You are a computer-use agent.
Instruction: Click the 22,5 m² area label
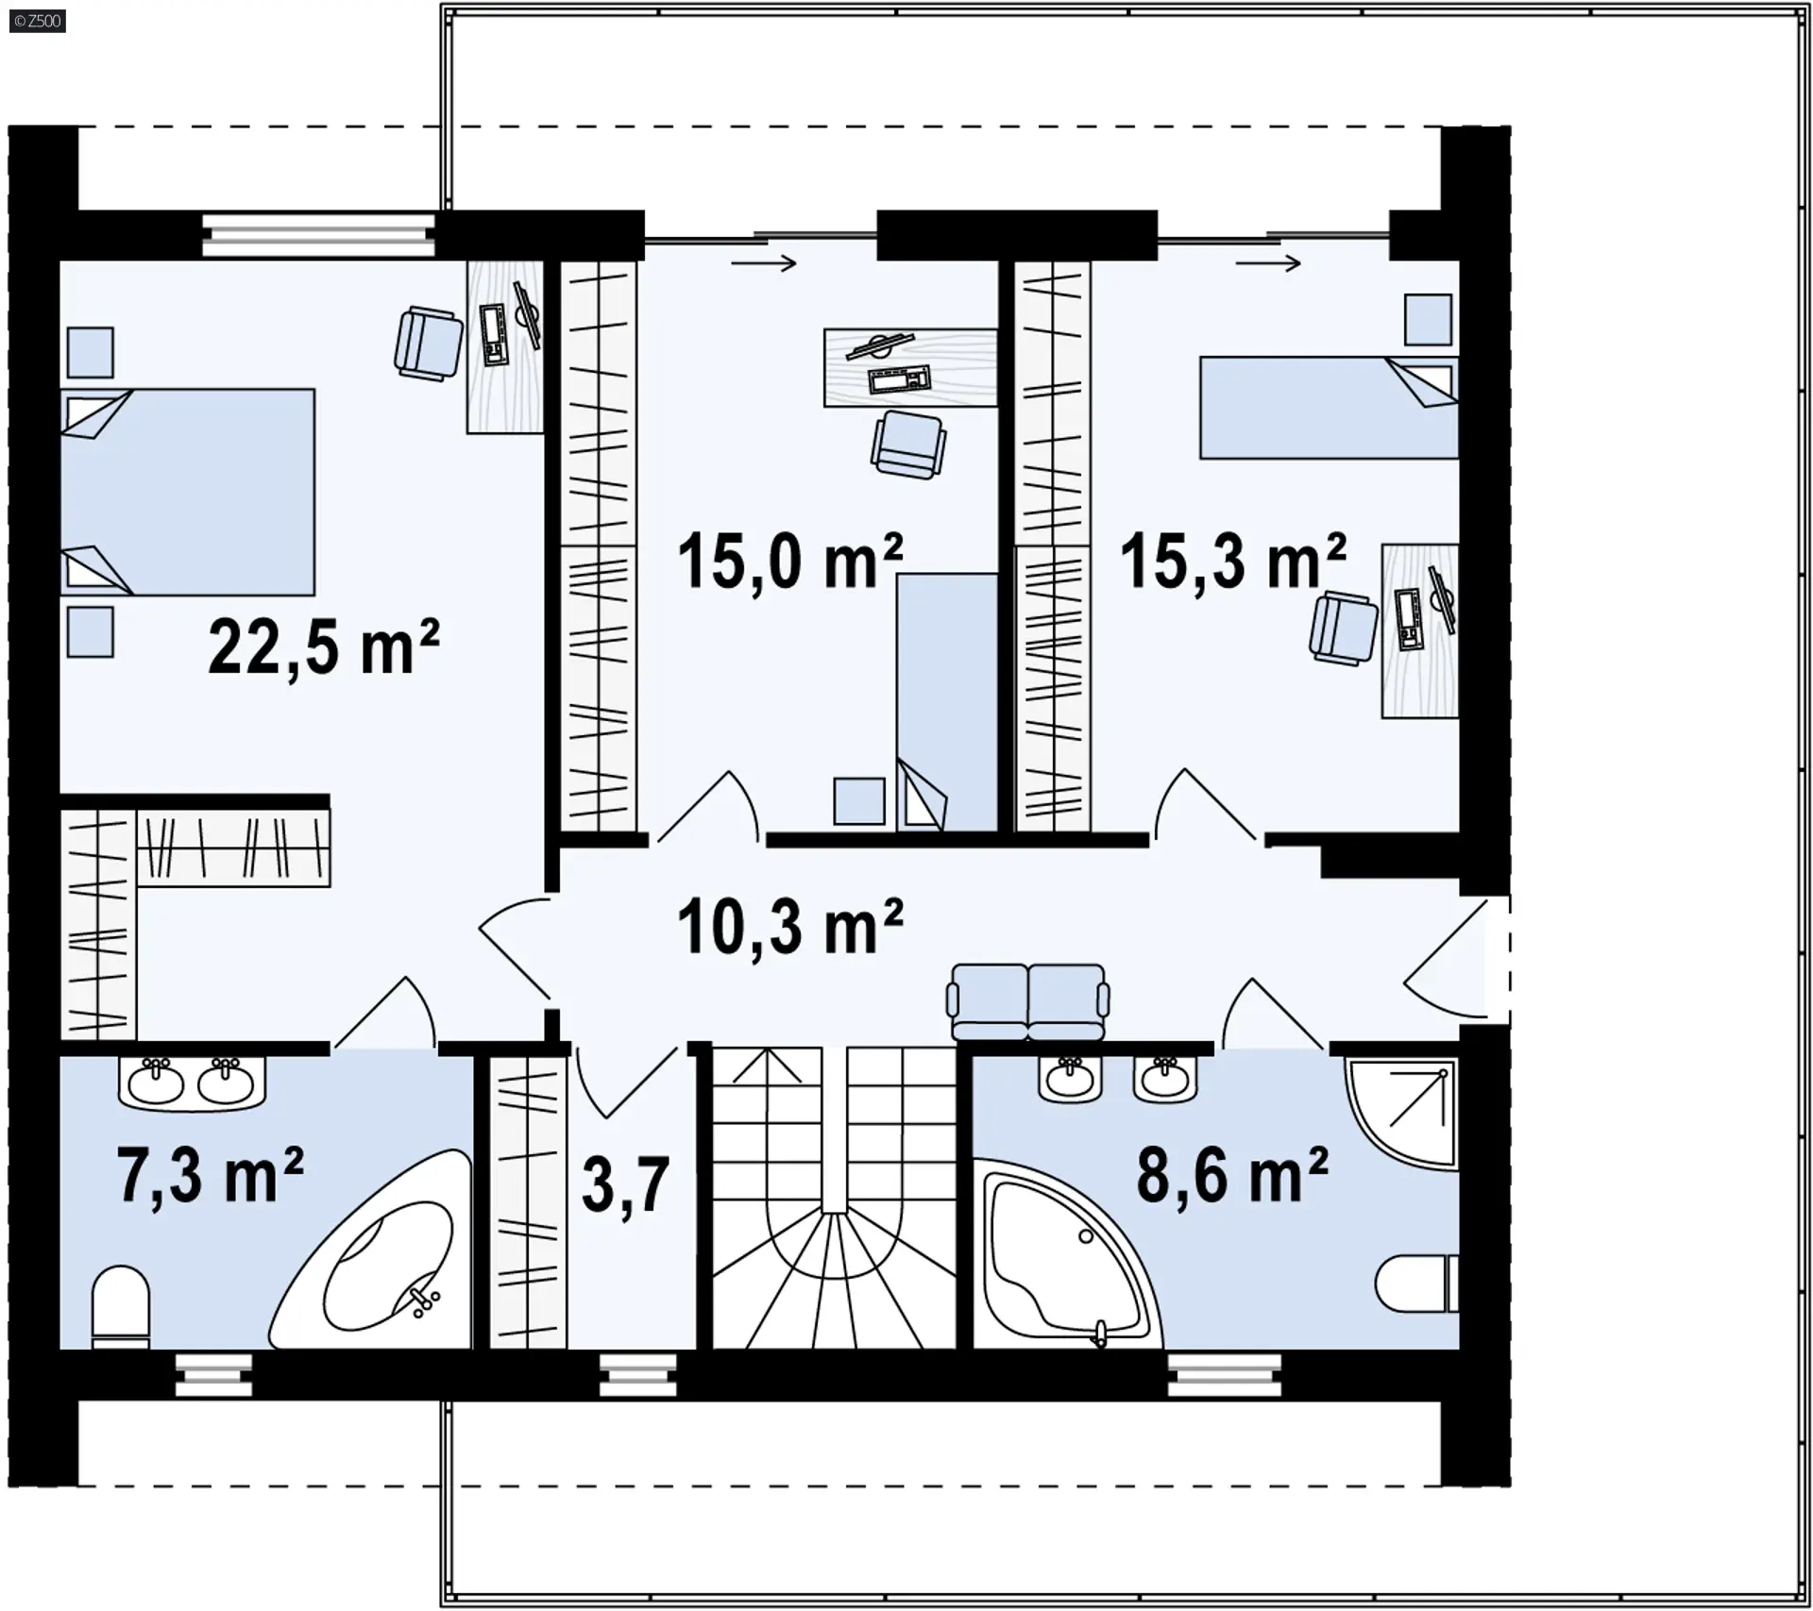coord(323,646)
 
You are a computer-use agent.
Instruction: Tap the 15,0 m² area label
coord(790,561)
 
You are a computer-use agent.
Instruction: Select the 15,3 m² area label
coord(1233,561)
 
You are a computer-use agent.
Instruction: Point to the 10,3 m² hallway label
coord(790,926)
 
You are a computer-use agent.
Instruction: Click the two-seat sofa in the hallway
coord(1029,1001)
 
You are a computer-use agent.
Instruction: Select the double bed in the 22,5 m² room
coord(188,492)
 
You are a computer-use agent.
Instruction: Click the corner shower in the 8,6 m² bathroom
coord(1402,1112)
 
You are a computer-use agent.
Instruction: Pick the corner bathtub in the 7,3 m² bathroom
coord(370,1249)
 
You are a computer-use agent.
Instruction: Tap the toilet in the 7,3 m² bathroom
coord(121,1307)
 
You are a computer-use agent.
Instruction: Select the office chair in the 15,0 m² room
coord(908,445)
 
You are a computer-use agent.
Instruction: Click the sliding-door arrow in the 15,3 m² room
coord(1268,263)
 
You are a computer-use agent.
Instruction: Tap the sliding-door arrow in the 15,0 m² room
coord(764,263)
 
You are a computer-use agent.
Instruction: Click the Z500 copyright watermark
coord(38,21)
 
